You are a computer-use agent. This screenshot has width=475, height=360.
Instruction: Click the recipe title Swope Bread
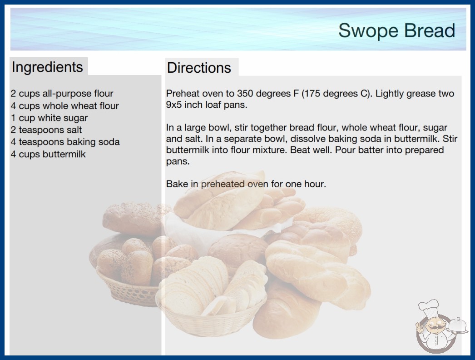(x=396, y=30)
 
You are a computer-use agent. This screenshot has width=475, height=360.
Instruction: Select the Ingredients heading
(x=47, y=67)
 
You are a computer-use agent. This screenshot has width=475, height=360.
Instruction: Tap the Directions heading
(x=199, y=68)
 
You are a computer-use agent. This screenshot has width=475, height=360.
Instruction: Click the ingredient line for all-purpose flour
(x=62, y=94)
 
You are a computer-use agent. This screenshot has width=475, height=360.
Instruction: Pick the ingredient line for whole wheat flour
(x=64, y=106)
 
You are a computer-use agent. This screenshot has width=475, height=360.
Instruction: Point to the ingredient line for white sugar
(x=49, y=118)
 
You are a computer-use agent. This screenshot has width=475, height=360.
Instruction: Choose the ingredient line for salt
(x=46, y=130)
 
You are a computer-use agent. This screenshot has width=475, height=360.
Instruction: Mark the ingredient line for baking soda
(x=65, y=142)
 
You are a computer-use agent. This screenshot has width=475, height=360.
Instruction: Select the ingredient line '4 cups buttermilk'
(x=48, y=154)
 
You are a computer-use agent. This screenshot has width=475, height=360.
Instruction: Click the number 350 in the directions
(x=245, y=94)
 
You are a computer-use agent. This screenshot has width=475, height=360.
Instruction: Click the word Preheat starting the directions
(x=183, y=94)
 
